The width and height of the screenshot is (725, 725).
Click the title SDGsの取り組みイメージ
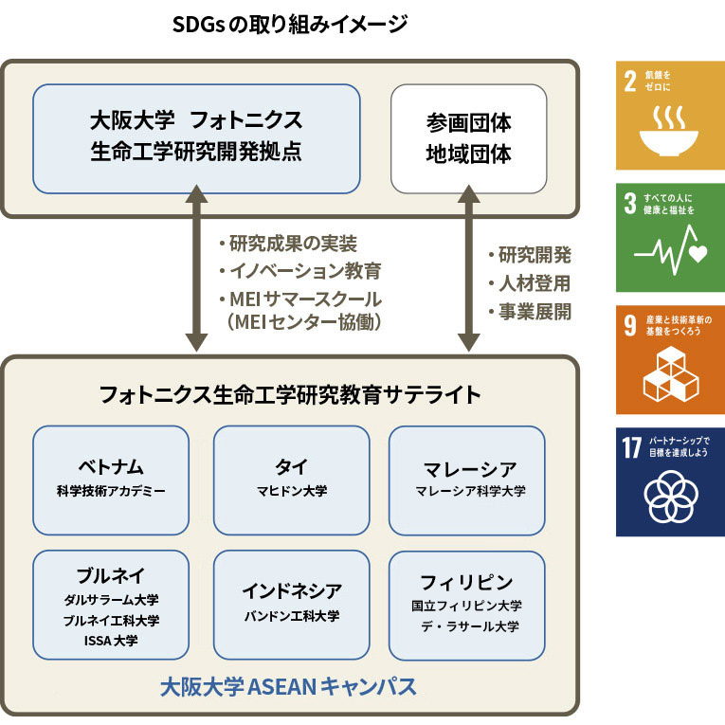tap(290, 24)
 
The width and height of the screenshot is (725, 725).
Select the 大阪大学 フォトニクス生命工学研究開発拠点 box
tap(196, 138)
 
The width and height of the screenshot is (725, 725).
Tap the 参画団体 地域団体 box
tap(468, 138)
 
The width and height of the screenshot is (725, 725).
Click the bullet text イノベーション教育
tap(299, 271)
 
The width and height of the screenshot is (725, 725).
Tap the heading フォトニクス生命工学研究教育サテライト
tap(290, 394)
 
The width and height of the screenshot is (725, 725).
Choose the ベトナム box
tap(111, 480)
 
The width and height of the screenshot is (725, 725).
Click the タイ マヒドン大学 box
tap(291, 480)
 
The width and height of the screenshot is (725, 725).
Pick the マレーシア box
tap(468, 480)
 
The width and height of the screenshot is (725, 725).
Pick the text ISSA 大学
tap(111, 642)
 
